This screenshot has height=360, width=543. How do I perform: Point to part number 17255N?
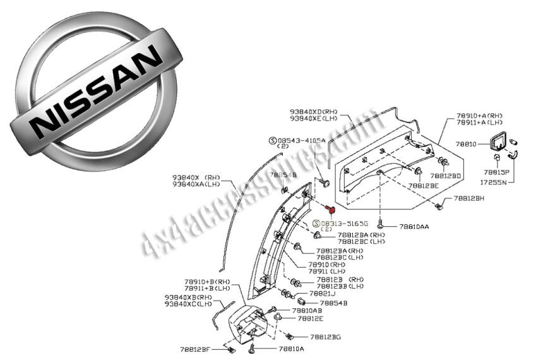pos(496,181)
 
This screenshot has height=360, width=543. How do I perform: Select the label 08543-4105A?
pos(301,140)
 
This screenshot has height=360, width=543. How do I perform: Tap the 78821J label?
pos(322,294)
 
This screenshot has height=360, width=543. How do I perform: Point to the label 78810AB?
pos(307,311)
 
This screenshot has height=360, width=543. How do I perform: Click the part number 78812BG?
pos(325,337)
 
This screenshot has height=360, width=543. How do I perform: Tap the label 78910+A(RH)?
pos(479,116)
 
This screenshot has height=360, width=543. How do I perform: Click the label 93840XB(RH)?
pos(188,296)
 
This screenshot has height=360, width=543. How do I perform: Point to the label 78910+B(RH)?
pos(207,281)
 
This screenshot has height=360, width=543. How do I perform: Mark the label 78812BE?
pos(422,186)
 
